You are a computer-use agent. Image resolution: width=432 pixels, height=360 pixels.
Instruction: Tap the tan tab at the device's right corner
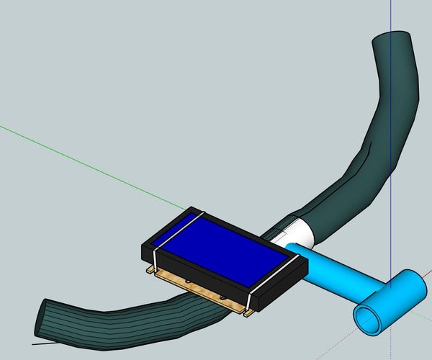tap(249, 312)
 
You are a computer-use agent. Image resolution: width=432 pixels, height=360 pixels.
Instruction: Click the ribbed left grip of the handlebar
tap(108, 317)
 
